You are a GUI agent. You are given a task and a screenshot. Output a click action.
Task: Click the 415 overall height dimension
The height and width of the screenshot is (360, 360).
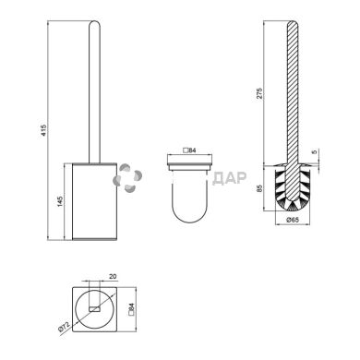click(43, 130)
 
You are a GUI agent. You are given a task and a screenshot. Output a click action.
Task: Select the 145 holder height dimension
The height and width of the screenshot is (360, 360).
click(60, 201)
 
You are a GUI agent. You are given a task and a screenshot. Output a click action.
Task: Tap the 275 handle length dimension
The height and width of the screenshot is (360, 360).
click(259, 93)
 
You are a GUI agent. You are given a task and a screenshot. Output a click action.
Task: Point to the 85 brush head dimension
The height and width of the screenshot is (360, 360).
click(259, 188)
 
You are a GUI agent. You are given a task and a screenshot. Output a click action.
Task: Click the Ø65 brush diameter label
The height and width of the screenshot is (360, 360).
click(293, 220)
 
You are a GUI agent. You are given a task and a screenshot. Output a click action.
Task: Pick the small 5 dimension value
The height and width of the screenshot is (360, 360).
click(314, 152)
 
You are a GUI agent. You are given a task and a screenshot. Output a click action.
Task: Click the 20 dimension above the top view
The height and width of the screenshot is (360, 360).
click(113, 276)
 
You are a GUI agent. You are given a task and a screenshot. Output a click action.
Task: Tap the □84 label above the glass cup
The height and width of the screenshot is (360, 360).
click(189, 150)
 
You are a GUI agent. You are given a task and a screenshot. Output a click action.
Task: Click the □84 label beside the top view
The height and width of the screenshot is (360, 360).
click(131, 309)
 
